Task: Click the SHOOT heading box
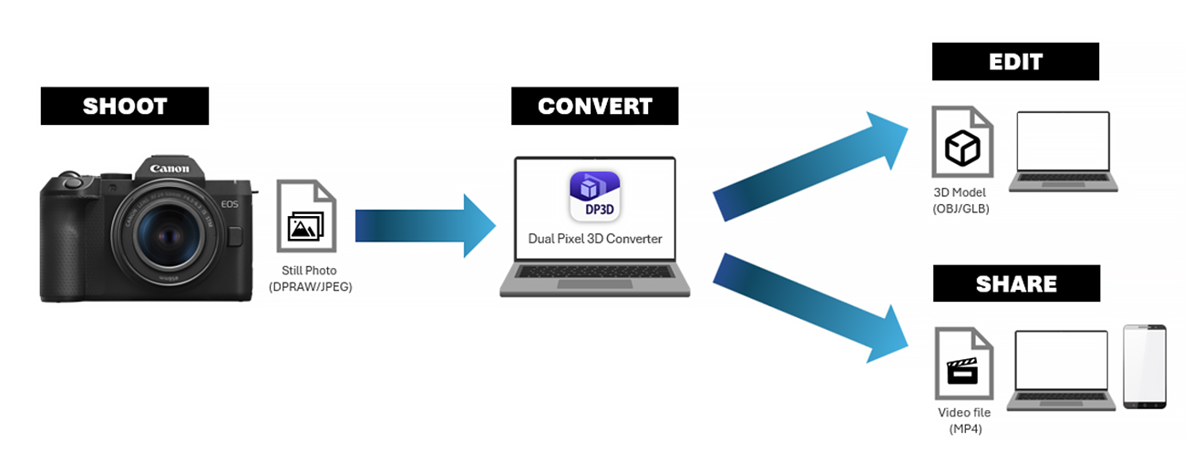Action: [125, 106]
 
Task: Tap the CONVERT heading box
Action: [594, 106]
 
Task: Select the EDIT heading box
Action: [1015, 62]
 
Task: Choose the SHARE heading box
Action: [1017, 283]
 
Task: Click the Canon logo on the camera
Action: [170, 169]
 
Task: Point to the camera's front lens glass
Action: [168, 235]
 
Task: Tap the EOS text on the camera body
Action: [230, 204]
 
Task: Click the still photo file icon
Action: [306, 216]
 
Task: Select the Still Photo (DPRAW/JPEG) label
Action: [310, 279]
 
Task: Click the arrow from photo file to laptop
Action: [426, 226]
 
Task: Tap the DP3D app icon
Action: [595, 196]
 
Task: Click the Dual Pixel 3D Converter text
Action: [595, 239]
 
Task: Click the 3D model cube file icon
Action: [962, 142]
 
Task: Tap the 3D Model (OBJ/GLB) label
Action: [961, 201]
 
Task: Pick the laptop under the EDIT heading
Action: [1064, 151]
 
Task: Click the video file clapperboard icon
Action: [964, 364]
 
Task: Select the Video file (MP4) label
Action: [964, 420]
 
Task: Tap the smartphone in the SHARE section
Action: [1145, 366]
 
